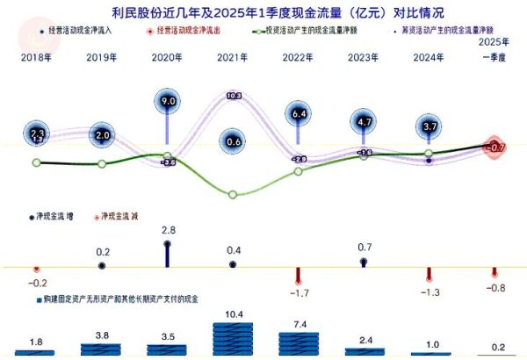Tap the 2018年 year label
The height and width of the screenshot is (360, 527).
coord(36,57)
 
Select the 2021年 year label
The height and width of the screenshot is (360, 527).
coord(233,57)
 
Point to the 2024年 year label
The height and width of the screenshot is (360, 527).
coord(428,57)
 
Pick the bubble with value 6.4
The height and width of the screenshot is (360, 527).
coord(298,113)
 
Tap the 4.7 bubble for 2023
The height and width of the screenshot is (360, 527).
coord(363,122)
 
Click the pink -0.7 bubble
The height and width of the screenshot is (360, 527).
coord(496,147)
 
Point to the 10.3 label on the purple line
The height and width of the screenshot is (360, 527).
coord(234,95)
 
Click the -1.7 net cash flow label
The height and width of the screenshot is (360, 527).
coord(299,292)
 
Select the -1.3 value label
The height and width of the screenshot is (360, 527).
coord(429,292)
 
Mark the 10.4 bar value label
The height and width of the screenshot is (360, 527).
coord(234,313)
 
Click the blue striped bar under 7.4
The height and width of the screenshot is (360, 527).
coord(299,343)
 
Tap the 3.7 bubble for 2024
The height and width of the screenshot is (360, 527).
coord(428,128)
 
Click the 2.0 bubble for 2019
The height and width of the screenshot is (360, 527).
coord(103,135)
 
